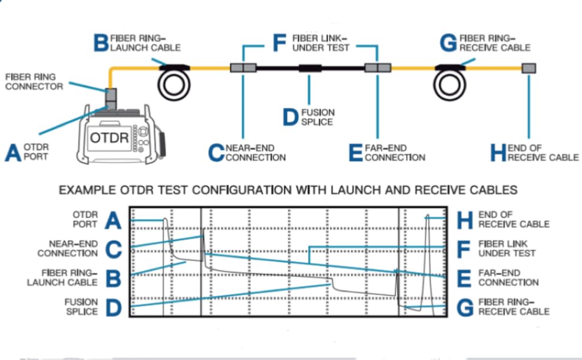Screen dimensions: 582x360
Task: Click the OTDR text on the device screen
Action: [x=109, y=138]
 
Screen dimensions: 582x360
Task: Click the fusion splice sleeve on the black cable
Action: [x=310, y=68]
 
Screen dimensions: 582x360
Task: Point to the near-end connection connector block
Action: [x=243, y=68]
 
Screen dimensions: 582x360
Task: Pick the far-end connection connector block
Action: [x=378, y=68]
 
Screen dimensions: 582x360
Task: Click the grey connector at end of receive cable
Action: [x=529, y=68]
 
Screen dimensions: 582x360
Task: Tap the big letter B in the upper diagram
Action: [x=101, y=43]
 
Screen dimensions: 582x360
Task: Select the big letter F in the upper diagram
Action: [x=280, y=43]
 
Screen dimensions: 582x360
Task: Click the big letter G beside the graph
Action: [x=465, y=308]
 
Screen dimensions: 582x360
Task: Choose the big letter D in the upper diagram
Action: [x=290, y=117]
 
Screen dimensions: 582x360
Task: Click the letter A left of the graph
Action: [x=113, y=220]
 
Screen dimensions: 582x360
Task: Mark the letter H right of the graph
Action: [x=465, y=220]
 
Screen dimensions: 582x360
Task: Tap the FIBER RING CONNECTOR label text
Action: [x=34, y=82]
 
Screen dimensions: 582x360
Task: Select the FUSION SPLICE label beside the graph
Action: [x=81, y=307]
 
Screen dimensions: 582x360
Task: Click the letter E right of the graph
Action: [x=464, y=279]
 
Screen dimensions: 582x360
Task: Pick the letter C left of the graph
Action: [x=113, y=250]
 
